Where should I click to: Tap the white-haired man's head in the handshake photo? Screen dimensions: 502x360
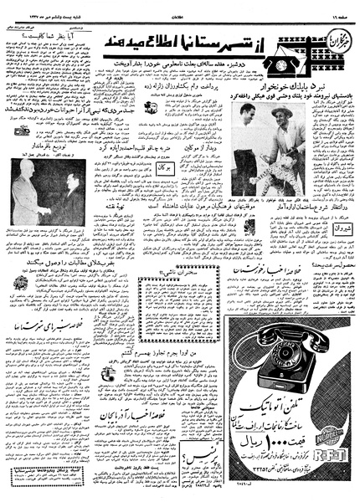pyautogui.click(x=25, y=186)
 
